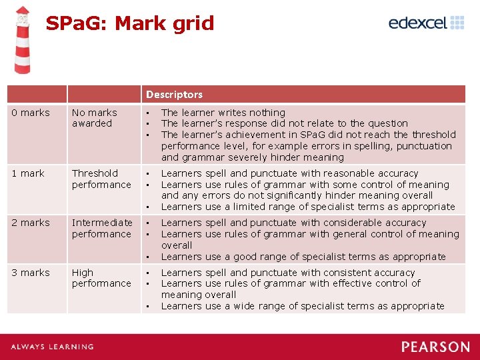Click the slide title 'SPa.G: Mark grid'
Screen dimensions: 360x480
pyautogui.click(x=130, y=23)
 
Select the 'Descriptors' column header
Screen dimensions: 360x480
pyautogui.click(x=174, y=95)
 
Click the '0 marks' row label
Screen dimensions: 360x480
pyautogui.click(x=31, y=113)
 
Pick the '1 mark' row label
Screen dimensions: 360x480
pyautogui.click(x=28, y=173)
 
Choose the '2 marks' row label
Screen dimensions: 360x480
pyautogui.click(x=31, y=223)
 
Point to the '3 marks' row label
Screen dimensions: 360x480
pyautogui.click(x=31, y=273)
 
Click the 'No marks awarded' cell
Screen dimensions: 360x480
pyautogui.click(x=95, y=118)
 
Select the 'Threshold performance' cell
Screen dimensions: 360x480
pyautogui.click(x=101, y=179)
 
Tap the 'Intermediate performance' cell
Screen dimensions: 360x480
pyautogui.click(x=102, y=228)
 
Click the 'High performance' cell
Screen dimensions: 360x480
pyautogui.click(x=101, y=278)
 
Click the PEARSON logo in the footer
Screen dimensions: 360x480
pyautogui.click(x=435, y=347)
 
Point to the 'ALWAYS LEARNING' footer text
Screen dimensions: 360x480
pyautogui.click(x=52, y=347)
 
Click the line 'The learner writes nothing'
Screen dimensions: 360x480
pyautogui.click(x=223, y=113)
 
